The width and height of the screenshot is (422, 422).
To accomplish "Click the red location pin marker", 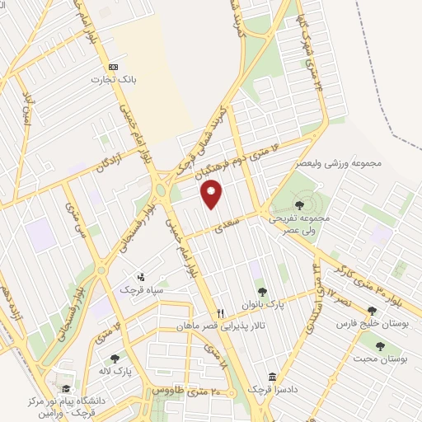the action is point(212,193).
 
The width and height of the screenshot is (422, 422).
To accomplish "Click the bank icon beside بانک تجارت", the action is point(113,67).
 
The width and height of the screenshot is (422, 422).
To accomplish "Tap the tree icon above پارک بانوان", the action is point(262,290).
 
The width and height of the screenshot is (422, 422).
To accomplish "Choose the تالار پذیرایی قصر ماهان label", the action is point(220,326).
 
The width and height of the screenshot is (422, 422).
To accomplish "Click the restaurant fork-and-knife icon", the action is point(220,313).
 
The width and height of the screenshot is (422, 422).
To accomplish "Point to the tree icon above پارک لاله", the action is point(114,358).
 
